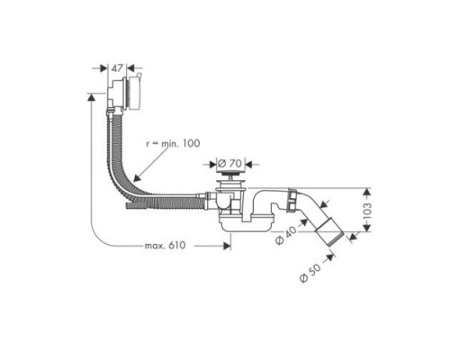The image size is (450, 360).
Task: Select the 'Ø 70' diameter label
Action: point(232,164)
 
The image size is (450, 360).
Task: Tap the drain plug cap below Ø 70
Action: point(232,177)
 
